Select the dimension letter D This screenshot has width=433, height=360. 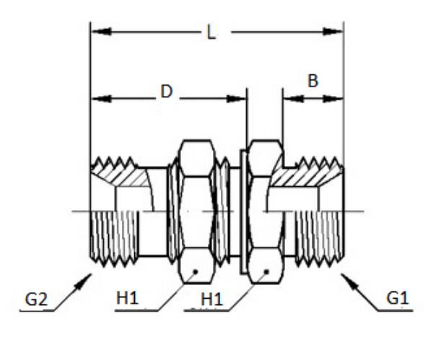pos(166,92)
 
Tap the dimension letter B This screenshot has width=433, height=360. pos(312,81)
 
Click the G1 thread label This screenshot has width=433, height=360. pos(397,297)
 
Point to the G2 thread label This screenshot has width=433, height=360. pos(36,297)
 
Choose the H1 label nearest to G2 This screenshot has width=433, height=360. pos(127,298)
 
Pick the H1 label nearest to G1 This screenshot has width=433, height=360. pos(211,298)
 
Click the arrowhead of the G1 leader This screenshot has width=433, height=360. pos(345,278)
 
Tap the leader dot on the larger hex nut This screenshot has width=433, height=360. pos(196,271)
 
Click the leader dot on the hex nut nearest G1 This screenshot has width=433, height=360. pos(266,271)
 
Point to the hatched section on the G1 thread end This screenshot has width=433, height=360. pos(303,175)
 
